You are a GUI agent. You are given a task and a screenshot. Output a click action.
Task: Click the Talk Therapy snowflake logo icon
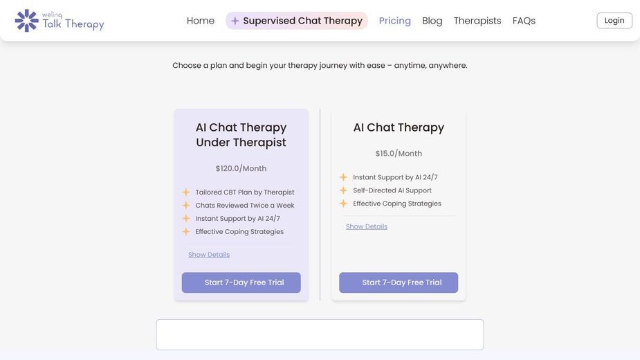[26, 21]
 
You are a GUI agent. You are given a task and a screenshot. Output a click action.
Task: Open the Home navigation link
[201, 21]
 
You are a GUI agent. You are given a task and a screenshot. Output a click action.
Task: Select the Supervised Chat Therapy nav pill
[297, 21]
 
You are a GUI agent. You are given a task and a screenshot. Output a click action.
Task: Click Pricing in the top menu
[394, 21]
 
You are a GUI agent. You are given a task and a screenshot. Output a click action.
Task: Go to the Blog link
[432, 21]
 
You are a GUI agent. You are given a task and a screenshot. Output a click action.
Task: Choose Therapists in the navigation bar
[477, 21]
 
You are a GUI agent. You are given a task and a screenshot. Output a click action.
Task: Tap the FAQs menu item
[524, 21]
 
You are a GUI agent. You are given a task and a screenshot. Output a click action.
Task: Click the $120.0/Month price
[241, 168]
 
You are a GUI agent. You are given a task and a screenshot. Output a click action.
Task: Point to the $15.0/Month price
[399, 153]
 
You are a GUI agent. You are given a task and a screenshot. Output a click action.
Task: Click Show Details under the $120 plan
[209, 255]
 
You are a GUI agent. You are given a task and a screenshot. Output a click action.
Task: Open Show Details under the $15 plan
[367, 226]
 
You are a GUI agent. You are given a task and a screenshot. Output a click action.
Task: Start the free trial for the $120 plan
[241, 282]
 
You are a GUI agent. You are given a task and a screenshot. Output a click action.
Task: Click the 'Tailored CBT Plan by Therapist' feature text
[244, 192]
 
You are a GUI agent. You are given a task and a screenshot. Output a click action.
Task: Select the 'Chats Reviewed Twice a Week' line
[244, 205]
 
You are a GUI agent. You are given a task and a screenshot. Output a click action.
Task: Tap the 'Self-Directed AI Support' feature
[392, 190]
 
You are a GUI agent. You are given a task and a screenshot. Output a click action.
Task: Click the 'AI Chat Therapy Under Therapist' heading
[241, 135]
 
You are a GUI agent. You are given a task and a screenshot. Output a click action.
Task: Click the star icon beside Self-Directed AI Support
[343, 190]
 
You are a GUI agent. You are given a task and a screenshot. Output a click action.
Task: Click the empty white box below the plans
[320, 334]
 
